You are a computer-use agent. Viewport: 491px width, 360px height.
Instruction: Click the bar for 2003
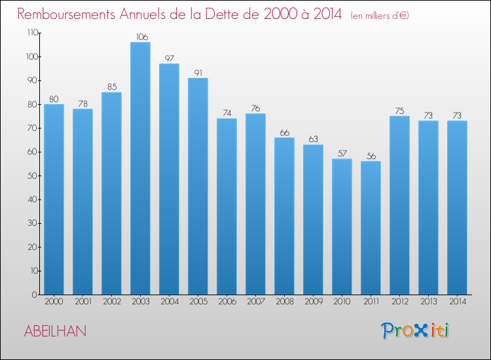click(140, 168)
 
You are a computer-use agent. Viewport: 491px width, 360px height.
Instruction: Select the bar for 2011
click(371, 228)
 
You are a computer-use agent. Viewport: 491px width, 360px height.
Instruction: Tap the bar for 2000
click(54, 199)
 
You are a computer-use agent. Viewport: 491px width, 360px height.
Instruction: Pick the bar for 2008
click(284, 216)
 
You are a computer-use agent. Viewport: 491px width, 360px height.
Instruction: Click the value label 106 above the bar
click(140, 37)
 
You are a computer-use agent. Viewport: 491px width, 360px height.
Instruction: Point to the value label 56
click(371, 156)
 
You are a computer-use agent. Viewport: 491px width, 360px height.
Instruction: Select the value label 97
click(169, 58)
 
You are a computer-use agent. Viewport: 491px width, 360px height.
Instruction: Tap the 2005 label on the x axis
click(198, 302)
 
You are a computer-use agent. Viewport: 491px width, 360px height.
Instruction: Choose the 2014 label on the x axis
click(457, 302)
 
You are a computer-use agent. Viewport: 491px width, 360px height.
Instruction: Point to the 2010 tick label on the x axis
click(342, 302)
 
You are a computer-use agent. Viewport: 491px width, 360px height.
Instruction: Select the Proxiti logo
click(415, 331)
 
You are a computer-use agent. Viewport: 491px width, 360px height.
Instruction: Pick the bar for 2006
click(227, 206)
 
